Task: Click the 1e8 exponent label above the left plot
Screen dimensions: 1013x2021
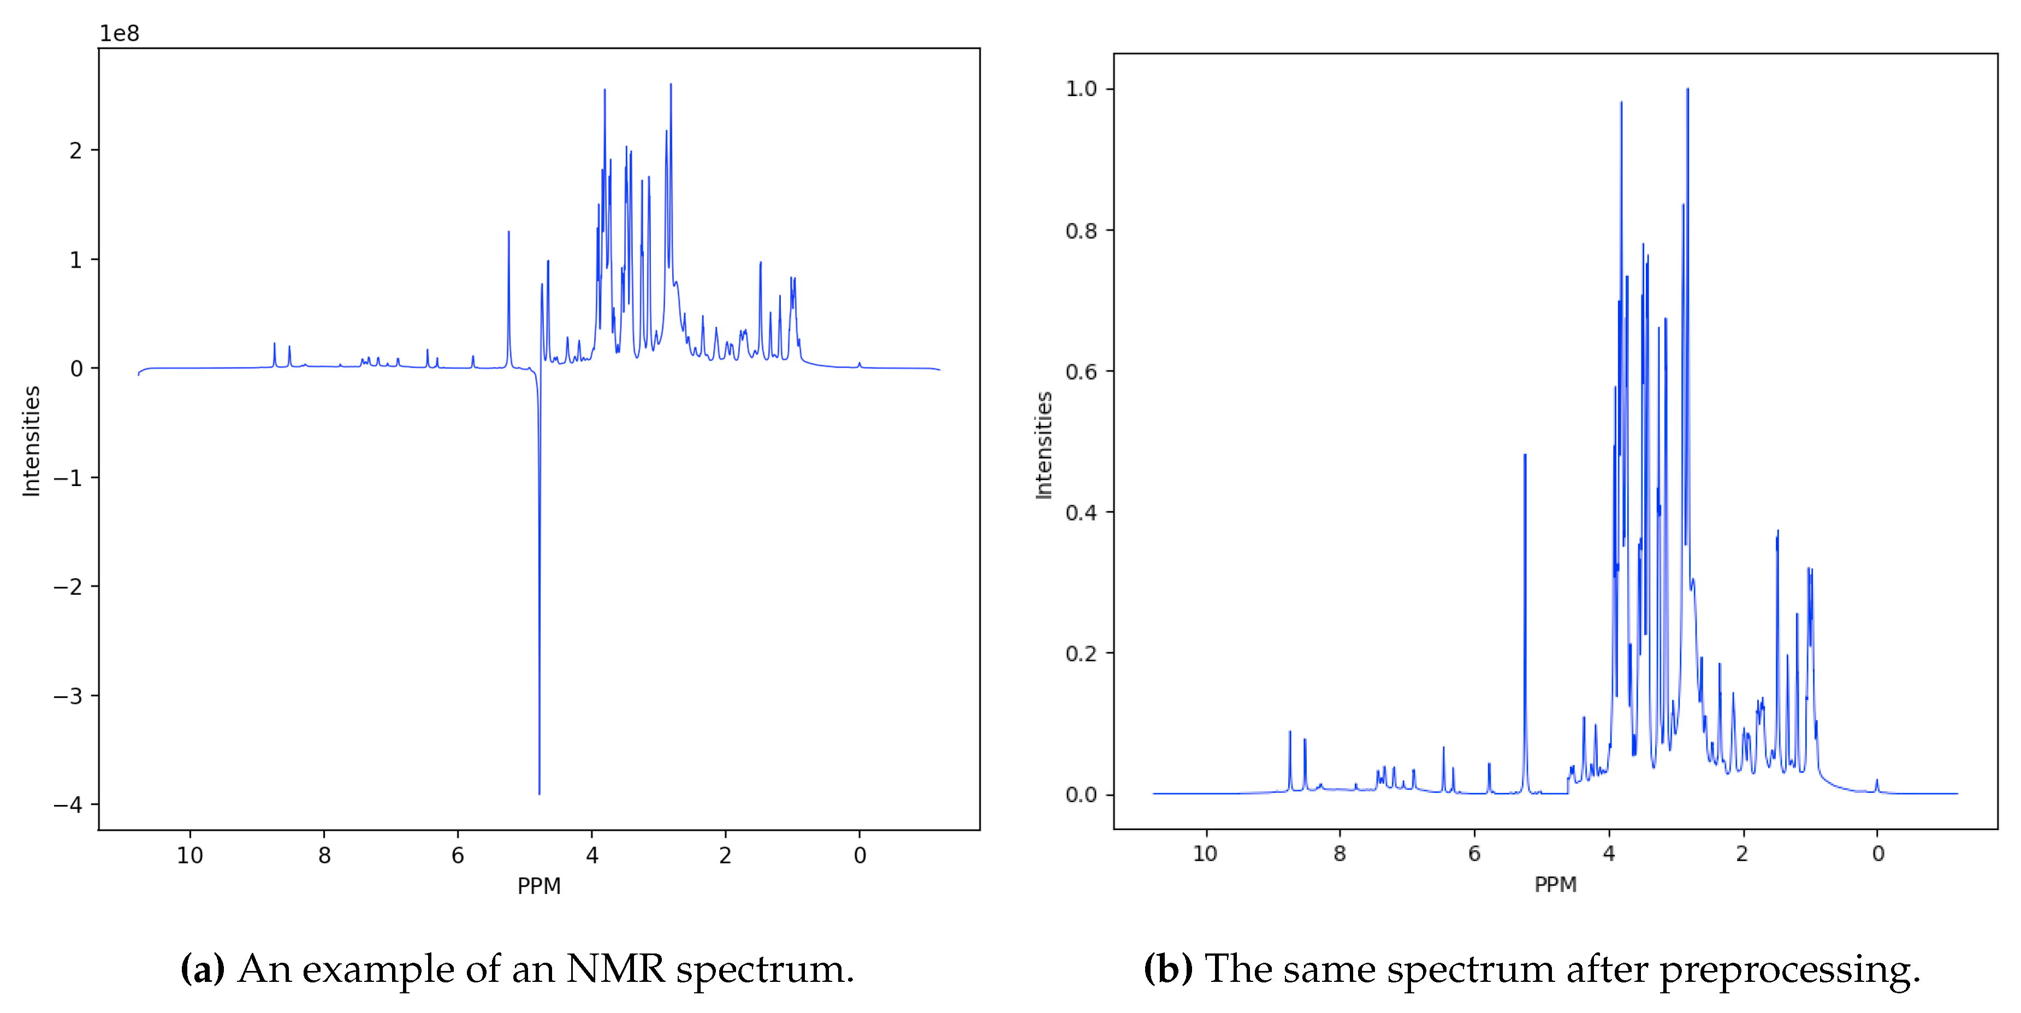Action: [119, 34]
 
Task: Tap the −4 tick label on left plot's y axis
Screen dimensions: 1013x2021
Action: [68, 804]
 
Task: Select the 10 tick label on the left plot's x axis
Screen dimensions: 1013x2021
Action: [190, 855]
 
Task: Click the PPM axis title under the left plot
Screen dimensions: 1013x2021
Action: [539, 886]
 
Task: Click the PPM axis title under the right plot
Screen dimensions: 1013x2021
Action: [1555, 884]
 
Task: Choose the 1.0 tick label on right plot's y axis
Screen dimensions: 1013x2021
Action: [1081, 88]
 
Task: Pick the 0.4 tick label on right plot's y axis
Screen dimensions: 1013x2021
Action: [1081, 512]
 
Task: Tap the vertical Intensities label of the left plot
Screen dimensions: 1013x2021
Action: [31, 441]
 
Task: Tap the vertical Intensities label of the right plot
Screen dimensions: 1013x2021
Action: [1044, 445]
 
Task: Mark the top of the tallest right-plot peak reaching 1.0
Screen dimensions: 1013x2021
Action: [1687, 90]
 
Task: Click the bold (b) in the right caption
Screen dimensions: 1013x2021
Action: [1168, 969]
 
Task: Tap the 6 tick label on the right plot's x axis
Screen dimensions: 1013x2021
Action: [1474, 854]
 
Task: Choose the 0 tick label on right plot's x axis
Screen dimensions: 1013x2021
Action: [1877, 854]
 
